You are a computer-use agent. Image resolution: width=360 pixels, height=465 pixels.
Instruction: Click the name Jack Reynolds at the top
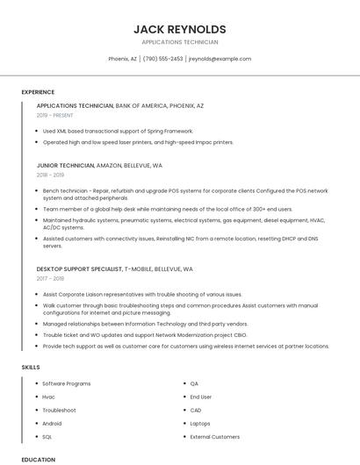coord(180,29)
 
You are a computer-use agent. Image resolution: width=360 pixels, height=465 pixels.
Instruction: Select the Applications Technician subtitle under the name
coord(180,42)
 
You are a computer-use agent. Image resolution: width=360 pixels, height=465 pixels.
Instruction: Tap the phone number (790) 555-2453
coord(162,59)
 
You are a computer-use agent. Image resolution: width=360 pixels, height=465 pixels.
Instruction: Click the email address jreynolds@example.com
coord(220,59)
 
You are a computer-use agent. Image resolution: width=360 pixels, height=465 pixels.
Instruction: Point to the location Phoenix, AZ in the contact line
coord(122,59)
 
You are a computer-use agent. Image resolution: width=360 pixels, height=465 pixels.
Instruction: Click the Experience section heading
coord(38,92)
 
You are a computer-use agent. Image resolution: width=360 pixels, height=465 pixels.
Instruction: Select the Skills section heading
coord(30,366)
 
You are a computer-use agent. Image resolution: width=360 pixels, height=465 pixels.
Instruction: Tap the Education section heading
coord(39,459)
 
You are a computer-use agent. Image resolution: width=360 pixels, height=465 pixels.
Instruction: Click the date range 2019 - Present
coord(55,116)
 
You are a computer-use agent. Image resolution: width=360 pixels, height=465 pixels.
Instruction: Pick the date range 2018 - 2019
coord(51,175)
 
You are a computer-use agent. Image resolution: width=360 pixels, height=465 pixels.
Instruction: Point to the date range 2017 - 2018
coord(51,279)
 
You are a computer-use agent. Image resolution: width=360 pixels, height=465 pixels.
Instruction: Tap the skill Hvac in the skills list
coord(49,397)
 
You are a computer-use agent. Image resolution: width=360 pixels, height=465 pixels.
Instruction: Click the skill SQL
coord(47,436)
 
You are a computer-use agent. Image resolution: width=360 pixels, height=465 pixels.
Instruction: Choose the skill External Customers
coord(214,436)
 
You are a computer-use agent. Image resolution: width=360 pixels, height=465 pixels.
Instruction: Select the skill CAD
coord(196,410)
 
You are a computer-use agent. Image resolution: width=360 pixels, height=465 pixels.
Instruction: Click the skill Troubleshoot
coord(59,410)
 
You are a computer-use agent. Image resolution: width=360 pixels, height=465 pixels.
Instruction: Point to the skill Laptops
coord(200,423)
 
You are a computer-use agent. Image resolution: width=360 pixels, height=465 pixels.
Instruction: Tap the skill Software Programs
coord(67,383)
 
